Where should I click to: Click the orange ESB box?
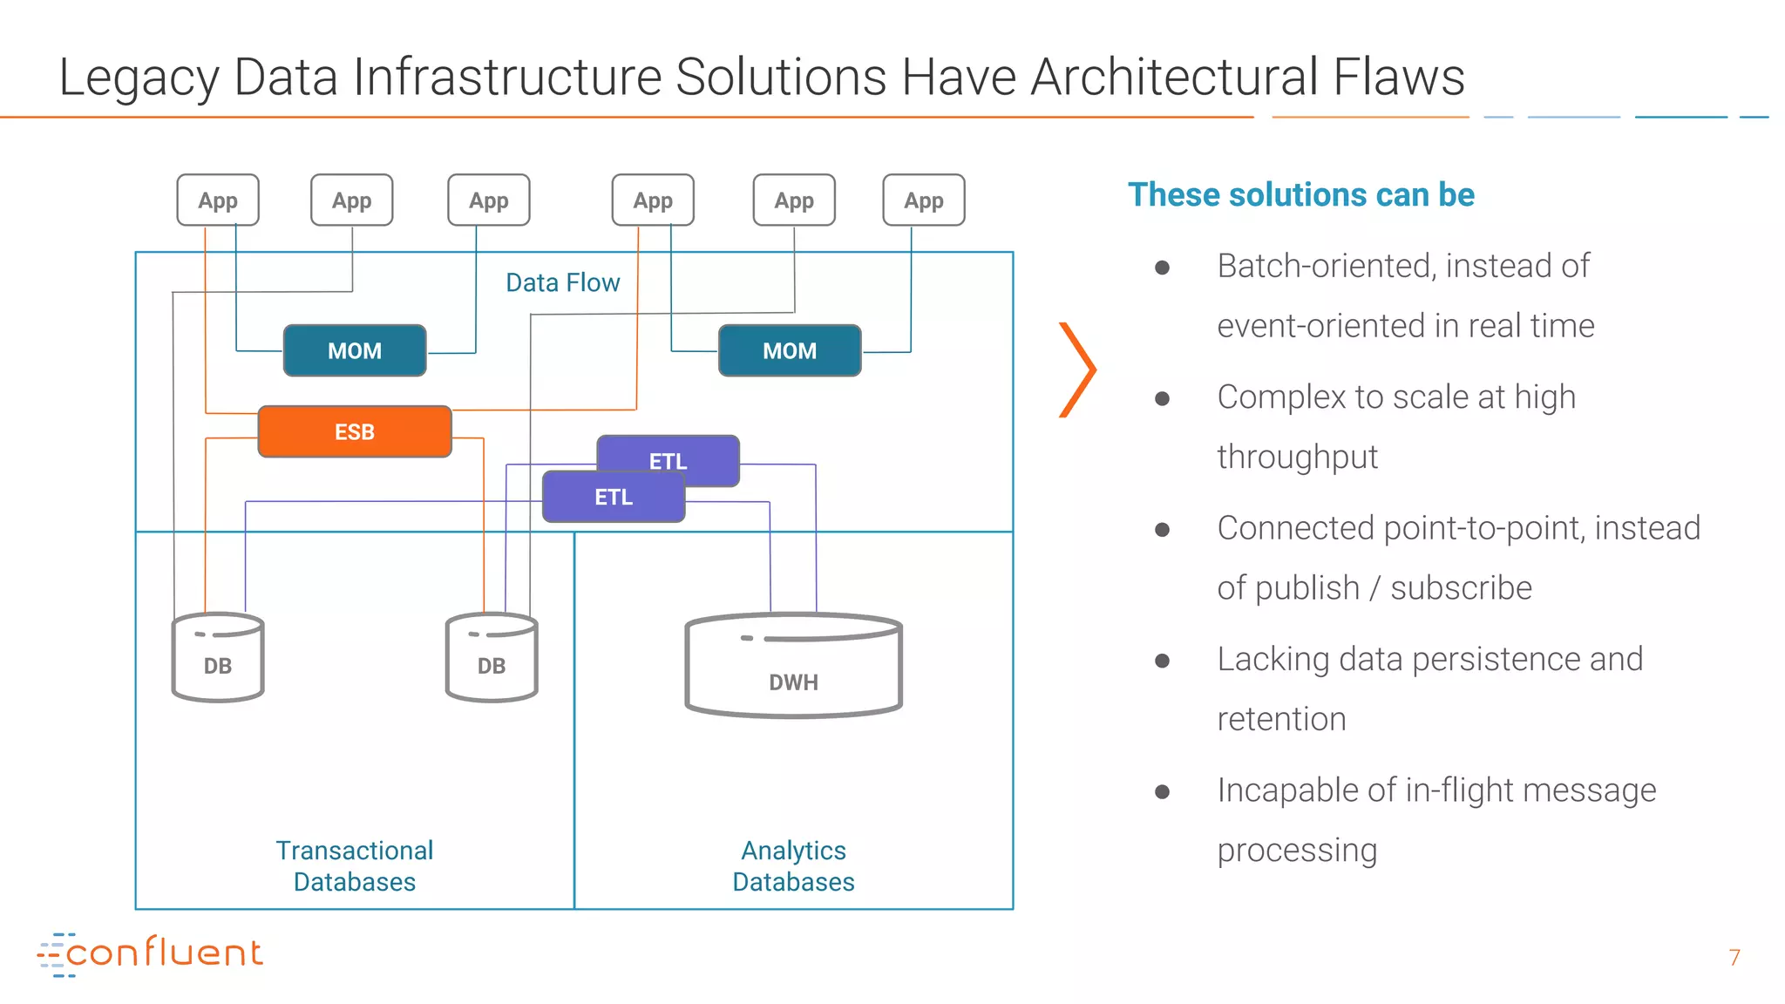(355, 431)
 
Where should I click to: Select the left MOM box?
(355, 350)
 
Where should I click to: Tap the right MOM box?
(790, 350)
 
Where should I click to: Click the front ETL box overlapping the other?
(613, 498)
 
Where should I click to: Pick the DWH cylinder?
(793, 667)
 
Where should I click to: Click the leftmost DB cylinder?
(218, 659)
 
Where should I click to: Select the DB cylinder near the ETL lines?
(492, 659)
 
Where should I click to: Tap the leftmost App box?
(218, 200)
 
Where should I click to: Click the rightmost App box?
(924, 200)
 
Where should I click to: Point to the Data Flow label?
(562, 282)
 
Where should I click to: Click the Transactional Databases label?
(355, 865)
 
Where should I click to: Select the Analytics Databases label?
(793, 865)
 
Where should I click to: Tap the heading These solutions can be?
(1300, 194)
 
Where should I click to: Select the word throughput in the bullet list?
(1297, 457)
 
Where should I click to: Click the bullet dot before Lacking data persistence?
(1162, 661)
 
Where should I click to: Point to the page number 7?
(1734, 957)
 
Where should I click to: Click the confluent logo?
(150, 953)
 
